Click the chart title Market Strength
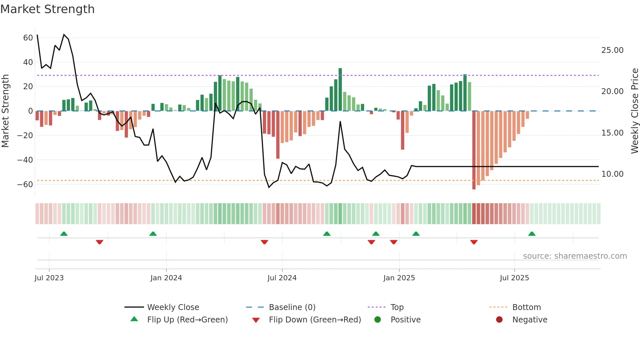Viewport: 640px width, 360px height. point(47,9)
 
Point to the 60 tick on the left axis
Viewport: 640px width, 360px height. point(28,38)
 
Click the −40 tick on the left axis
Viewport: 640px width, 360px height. point(25,160)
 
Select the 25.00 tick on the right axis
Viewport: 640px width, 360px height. point(612,50)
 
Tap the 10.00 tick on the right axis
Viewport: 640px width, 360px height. point(612,174)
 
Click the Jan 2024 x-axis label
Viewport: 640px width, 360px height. point(166,278)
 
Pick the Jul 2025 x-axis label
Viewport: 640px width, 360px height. point(514,278)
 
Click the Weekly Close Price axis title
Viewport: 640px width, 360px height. point(634,111)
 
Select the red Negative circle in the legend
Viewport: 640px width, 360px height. point(499,320)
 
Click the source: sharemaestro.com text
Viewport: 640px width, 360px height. point(575,256)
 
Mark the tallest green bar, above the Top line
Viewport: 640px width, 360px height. point(340,89)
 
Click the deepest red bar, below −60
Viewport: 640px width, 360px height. point(474,150)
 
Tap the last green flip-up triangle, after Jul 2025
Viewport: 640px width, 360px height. point(532,234)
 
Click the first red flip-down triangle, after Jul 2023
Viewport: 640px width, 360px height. point(100,242)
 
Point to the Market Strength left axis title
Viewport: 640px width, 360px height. point(5,111)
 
